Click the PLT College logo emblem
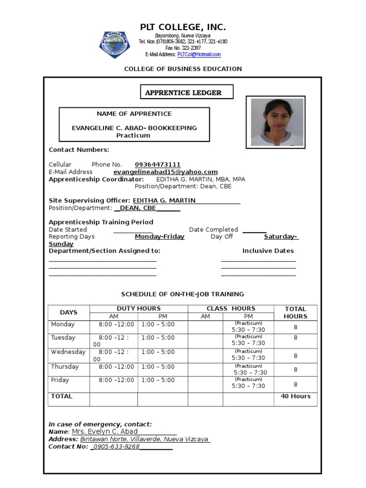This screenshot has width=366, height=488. pyautogui.click(x=114, y=44)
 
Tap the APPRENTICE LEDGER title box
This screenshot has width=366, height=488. pyautogui.click(x=187, y=92)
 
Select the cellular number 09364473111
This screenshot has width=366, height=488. pyautogui.click(x=157, y=164)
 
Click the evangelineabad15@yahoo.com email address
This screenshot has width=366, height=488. pyautogui.click(x=165, y=172)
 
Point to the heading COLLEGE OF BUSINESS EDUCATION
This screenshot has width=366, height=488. pyautogui.click(x=183, y=69)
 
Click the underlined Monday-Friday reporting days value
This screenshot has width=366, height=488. pyautogui.click(x=159, y=236)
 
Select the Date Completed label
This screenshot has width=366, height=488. pyautogui.click(x=213, y=229)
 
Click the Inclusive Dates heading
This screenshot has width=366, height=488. pyautogui.click(x=268, y=251)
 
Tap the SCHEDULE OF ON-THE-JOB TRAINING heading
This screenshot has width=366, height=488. pyautogui.click(x=183, y=294)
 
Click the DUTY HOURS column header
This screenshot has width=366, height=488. pyautogui.click(x=138, y=308)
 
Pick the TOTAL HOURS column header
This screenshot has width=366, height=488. pyautogui.click(x=295, y=313)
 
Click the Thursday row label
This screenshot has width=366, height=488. pyautogui.click(x=65, y=366)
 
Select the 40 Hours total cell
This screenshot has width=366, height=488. pyautogui.click(x=295, y=396)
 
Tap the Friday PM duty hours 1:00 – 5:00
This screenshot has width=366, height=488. pyautogui.click(x=158, y=380)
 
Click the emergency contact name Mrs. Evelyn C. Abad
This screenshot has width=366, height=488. pyautogui.click(x=104, y=431)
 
